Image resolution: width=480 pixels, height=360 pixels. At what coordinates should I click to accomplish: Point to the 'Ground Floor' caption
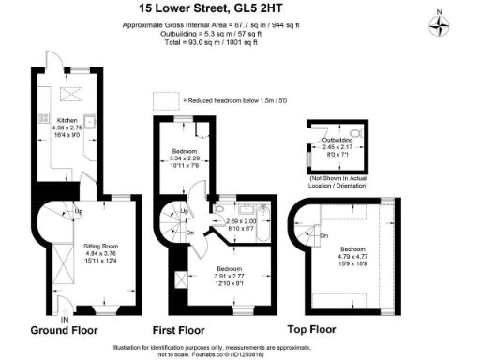[x=66, y=331]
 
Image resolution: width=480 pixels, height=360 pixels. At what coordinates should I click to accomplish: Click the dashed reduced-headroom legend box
[x=167, y=98]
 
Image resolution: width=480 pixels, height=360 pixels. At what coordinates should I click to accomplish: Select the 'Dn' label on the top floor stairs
[x=323, y=235]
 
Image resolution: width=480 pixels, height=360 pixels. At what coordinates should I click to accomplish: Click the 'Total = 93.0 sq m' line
[x=203, y=43]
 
